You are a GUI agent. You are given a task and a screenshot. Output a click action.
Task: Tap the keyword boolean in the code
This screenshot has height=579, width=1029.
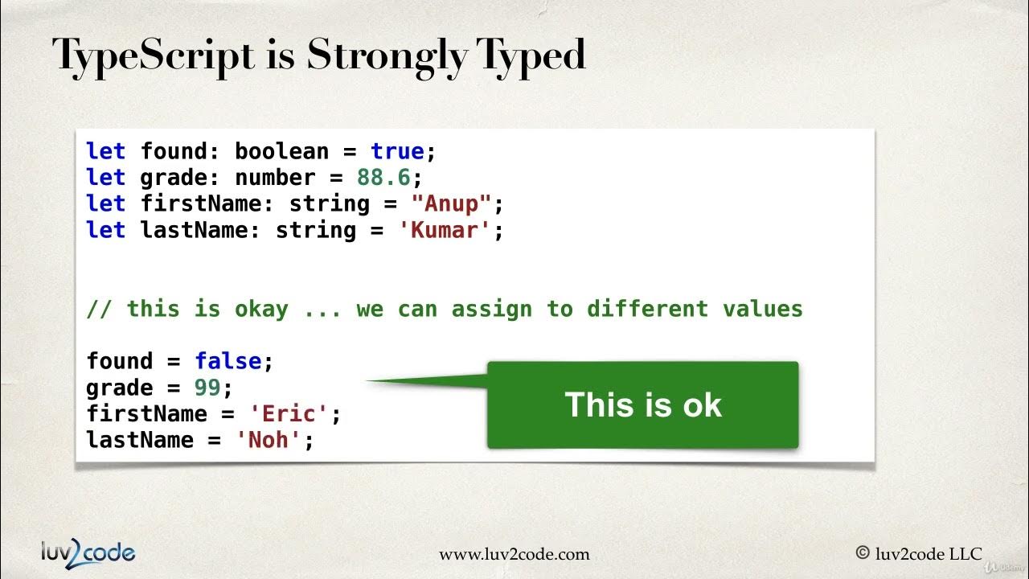pyautogui.click(x=282, y=151)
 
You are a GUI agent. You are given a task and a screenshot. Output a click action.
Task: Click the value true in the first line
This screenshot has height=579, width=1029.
pyautogui.click(x=397, y=151)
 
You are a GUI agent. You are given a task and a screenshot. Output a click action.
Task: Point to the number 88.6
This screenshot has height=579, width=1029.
pyautogui.click(x=383, y=178)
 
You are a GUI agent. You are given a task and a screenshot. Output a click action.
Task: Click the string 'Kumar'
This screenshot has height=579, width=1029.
pyautogui.click(x=445, y=230)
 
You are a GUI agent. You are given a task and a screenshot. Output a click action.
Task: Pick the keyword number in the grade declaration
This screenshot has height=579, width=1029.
pyautogui.click(x=275, y=178)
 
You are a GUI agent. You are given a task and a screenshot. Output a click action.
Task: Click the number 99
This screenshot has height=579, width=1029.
pyautogui.click(x=207, y=388)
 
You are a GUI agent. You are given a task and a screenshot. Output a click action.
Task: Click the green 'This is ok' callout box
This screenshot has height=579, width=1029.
pyautogui.click(x=642, y=404)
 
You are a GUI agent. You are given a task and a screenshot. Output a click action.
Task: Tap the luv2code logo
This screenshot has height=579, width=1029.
pyautogui.click(x=88, y=552)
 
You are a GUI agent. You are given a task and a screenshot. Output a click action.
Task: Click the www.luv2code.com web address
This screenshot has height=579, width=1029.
pyautogui.click(x=514, y=554)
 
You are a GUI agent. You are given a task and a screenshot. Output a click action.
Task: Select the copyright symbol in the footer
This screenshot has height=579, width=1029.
pyautogui.click(x=863, y=553)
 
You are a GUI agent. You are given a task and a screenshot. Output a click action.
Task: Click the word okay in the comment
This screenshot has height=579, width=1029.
pyautogui.click(x=261, y=309)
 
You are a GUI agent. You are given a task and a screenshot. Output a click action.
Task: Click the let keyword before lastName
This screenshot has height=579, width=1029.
pyautogui.click(x=106, y=230)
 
